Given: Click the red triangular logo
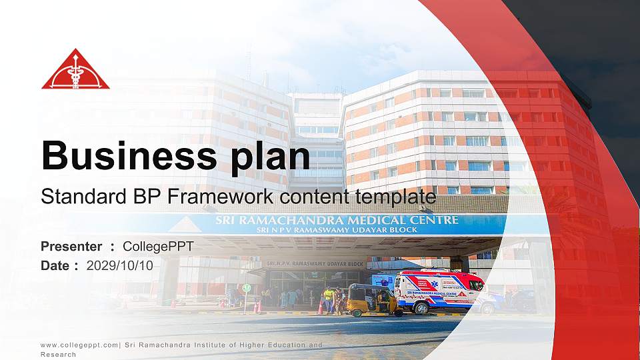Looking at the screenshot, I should [x=75, y=71].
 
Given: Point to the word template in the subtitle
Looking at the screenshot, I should [x=397, y=197].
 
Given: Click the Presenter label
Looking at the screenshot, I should [x=71, y=247].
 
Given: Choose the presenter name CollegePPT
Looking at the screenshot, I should [x=159, y=247].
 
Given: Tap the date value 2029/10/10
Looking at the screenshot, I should [x=120, y=265].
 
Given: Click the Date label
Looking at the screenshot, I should [x=55, y=265].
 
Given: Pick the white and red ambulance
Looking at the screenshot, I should [x=438, y=291].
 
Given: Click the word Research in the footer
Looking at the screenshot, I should [x=59, y=355].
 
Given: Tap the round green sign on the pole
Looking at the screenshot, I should [x=247, y=288].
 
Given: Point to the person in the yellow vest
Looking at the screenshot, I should [x=328, y=298].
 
